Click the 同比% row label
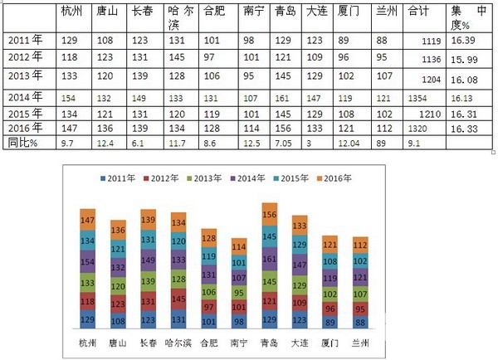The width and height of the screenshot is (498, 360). [x=23, y=143]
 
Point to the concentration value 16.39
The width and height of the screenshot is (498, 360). [x=465, y=39]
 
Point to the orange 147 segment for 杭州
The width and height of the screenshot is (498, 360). [x=88, y=220]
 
